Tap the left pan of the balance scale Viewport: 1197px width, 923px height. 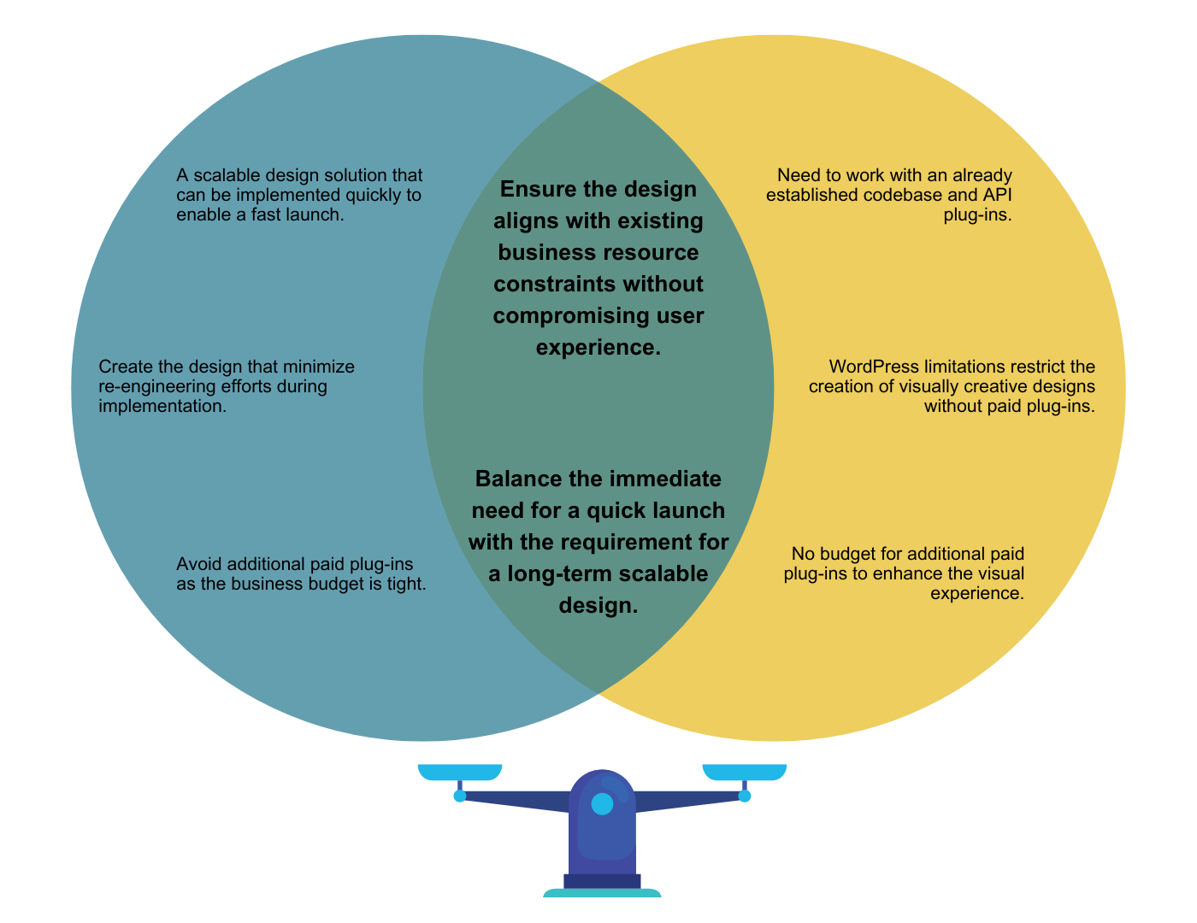point(460,773)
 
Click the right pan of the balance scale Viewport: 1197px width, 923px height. point(745,773)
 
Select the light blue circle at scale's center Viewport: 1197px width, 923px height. point(603,803)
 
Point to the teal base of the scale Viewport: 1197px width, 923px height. point(602,893)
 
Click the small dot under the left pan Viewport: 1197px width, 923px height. point(460,796)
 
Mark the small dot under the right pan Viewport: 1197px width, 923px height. point(745,796)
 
